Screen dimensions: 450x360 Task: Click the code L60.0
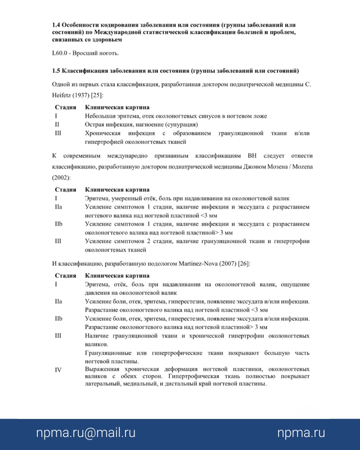60,54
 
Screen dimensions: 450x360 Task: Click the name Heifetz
62,96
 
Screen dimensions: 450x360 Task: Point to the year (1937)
81,96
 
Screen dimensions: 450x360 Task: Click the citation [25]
97,96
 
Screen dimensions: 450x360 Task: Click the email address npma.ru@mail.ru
86,433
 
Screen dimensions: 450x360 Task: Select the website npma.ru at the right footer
301,433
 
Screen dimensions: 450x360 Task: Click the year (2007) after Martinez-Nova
226,263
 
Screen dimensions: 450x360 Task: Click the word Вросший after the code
84,54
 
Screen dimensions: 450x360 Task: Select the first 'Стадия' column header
65,108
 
